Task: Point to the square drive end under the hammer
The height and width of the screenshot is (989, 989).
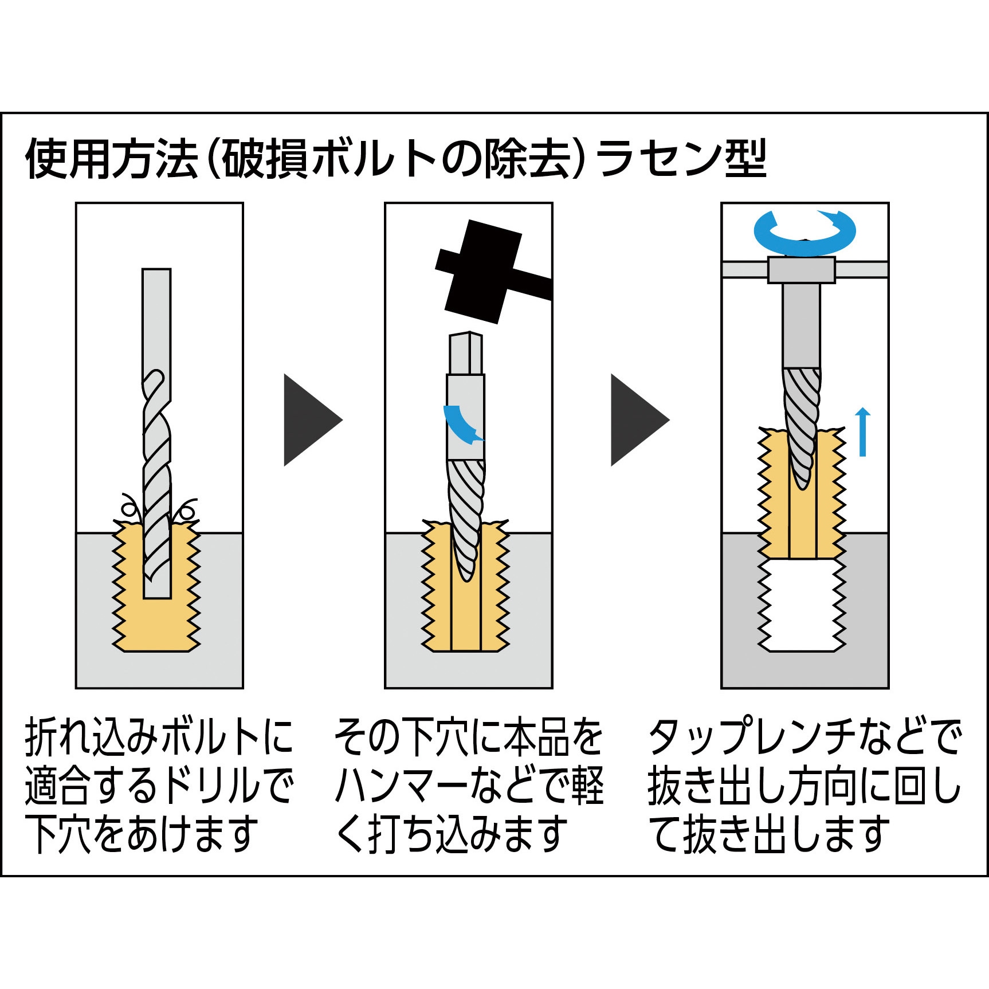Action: click(465, 353)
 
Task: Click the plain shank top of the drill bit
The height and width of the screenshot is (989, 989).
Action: click(156, 318)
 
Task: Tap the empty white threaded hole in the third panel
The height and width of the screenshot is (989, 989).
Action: click(802, 605)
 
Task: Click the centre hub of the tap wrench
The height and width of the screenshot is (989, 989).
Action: click(801, 270)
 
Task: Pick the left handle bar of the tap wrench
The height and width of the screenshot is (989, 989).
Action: click(744, 269)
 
